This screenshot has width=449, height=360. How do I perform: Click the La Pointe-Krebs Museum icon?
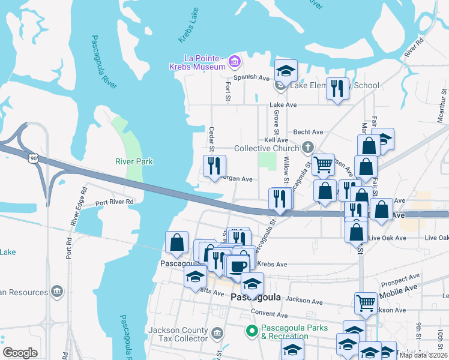click(234, 61)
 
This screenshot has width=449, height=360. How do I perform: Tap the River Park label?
click(134, 161)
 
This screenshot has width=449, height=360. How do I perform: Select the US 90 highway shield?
click(32, 157)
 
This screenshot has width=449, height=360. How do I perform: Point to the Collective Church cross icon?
click(307, 148)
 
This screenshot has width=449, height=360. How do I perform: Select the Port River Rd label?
click(114, 202)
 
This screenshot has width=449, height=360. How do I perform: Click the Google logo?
click(20, 353)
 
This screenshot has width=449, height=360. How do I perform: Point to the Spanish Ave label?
click(252, 77)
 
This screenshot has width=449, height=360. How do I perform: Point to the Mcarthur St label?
click(444, 106)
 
